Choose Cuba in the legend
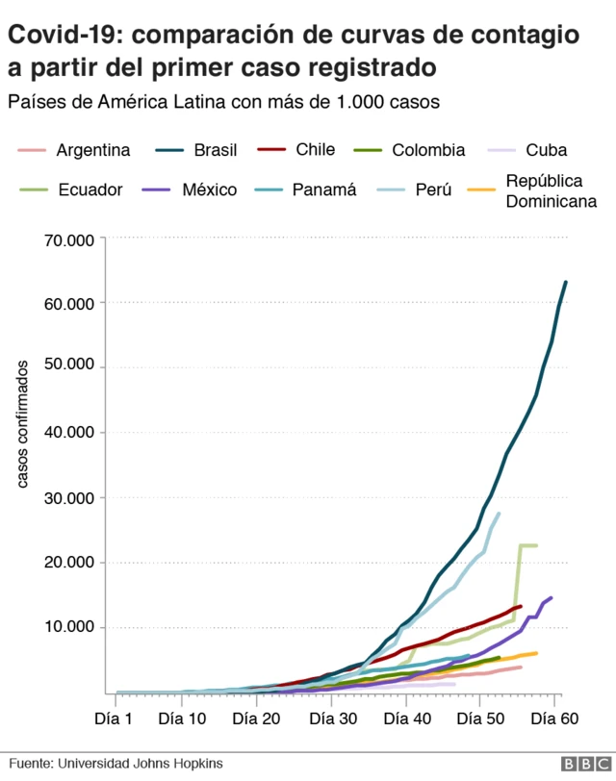pos(546,150)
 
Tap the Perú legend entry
pos(433,189)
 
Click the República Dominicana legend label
pos(551,190)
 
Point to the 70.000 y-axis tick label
pos(68,239)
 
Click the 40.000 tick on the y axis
pos(68,433)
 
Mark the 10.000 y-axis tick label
pos(68,627)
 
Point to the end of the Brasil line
pos(566,282)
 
